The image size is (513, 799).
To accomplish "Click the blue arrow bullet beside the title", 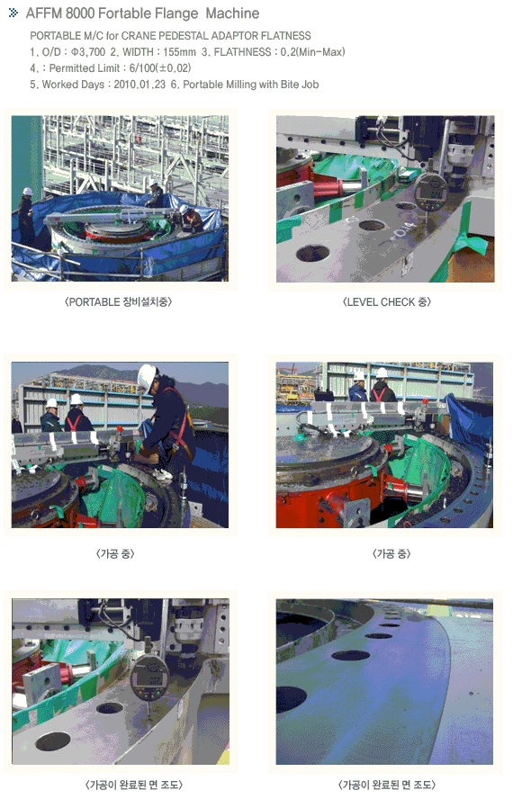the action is tap(13, 13).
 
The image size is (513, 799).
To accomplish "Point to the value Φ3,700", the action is tap(88, 52).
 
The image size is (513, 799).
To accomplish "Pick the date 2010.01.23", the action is tap(139, 85).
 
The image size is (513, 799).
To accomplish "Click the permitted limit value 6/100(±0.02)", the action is tap(160, 68).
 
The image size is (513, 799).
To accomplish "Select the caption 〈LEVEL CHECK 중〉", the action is tap(387, 302).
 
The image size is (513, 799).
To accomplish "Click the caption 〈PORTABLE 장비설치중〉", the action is tap(118, 302).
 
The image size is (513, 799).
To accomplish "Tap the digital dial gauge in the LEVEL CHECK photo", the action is tap(430, 192).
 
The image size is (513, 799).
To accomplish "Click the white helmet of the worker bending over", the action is tap(147, 377).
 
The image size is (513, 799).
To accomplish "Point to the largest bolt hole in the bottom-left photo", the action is tap(53, 741).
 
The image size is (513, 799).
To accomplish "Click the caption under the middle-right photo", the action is tap(391, 554).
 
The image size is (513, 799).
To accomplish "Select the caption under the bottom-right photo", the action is tap(387, 785).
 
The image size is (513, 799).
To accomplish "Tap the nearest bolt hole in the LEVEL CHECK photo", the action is tap(312, 253).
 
